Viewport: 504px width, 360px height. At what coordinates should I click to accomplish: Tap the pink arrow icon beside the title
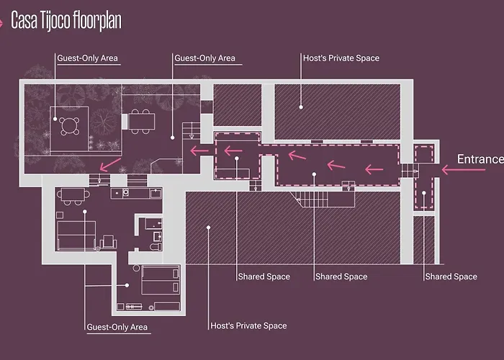6,21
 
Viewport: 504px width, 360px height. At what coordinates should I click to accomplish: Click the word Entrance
480,159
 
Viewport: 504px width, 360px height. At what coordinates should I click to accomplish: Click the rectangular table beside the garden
142,120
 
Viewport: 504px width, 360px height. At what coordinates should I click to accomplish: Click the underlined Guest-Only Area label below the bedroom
117,328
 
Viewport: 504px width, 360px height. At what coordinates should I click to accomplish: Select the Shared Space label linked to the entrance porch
451,276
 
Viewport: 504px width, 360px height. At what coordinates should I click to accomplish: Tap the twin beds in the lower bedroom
161,279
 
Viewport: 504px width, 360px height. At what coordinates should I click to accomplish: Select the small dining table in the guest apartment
70,194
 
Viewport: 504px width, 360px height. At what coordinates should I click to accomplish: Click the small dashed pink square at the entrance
423,154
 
